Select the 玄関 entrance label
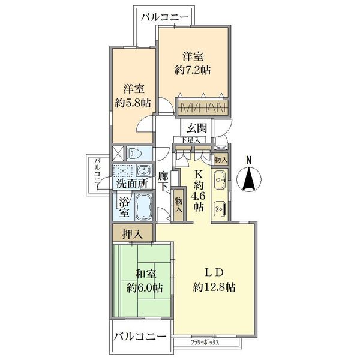196,128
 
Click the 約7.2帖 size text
193,70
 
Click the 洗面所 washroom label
131,184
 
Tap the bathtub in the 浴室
144,208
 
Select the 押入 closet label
132,233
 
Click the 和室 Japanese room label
145,274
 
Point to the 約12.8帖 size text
214,287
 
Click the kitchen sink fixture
220,179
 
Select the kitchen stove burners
220,206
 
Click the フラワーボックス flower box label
205,343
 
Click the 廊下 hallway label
164,181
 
